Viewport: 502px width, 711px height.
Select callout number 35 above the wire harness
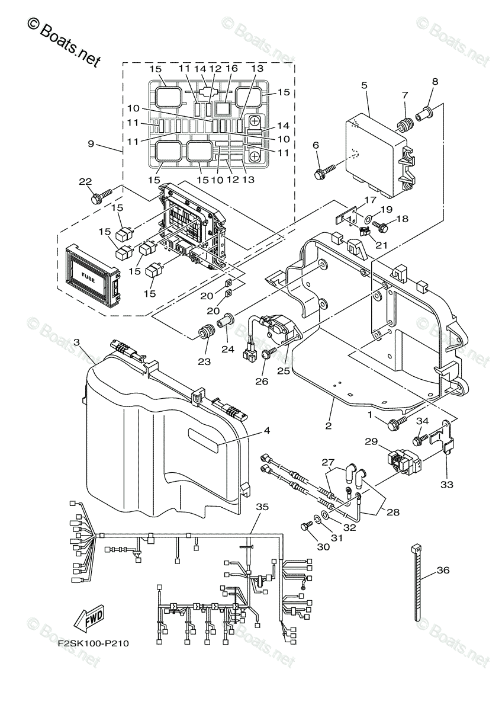pyautogui.click(x=262, y=507)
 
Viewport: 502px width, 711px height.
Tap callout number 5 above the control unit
pyautogui.click(x=364, y=85)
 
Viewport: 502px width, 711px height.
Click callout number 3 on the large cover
pyautogui.click(x=76, y=342)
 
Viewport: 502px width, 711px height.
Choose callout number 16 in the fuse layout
pyautogui.click(x=231, y=69)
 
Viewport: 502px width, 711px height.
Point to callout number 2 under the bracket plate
pyautogui.click(x=327, y=425)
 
